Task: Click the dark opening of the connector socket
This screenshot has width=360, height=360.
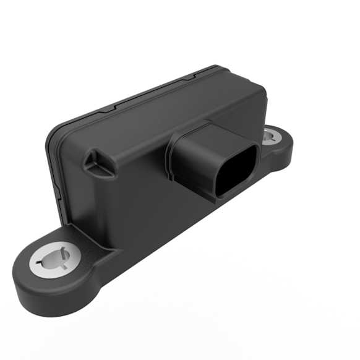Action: tap(236, 168)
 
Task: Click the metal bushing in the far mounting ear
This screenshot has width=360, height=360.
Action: tap(270, 136)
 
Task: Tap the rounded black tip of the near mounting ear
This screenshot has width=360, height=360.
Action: tap(25, 291)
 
